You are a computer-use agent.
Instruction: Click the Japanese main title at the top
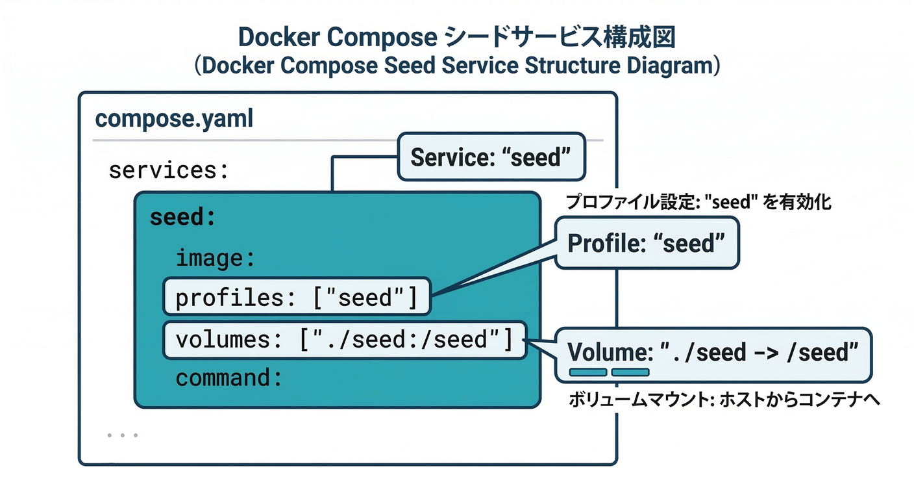(x=457, y=37)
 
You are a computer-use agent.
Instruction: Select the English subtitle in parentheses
(x=457, y=67)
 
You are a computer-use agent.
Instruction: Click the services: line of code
(x=169, y=170)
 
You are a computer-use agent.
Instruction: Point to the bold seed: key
(x=182, y=217)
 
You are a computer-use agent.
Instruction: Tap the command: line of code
(x=229, y=378)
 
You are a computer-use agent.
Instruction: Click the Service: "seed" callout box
(x=491, y=157)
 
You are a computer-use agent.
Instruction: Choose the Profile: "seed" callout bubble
(x=646, y=244)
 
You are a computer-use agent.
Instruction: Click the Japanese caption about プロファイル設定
(x=698, y=202)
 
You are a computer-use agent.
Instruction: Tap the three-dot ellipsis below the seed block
(x=123, y=435)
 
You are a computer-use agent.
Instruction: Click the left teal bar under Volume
(x=588, y=372)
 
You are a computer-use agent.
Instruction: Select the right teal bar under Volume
(x=630, y=372)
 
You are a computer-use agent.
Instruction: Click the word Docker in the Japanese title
(x=278, y=37)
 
